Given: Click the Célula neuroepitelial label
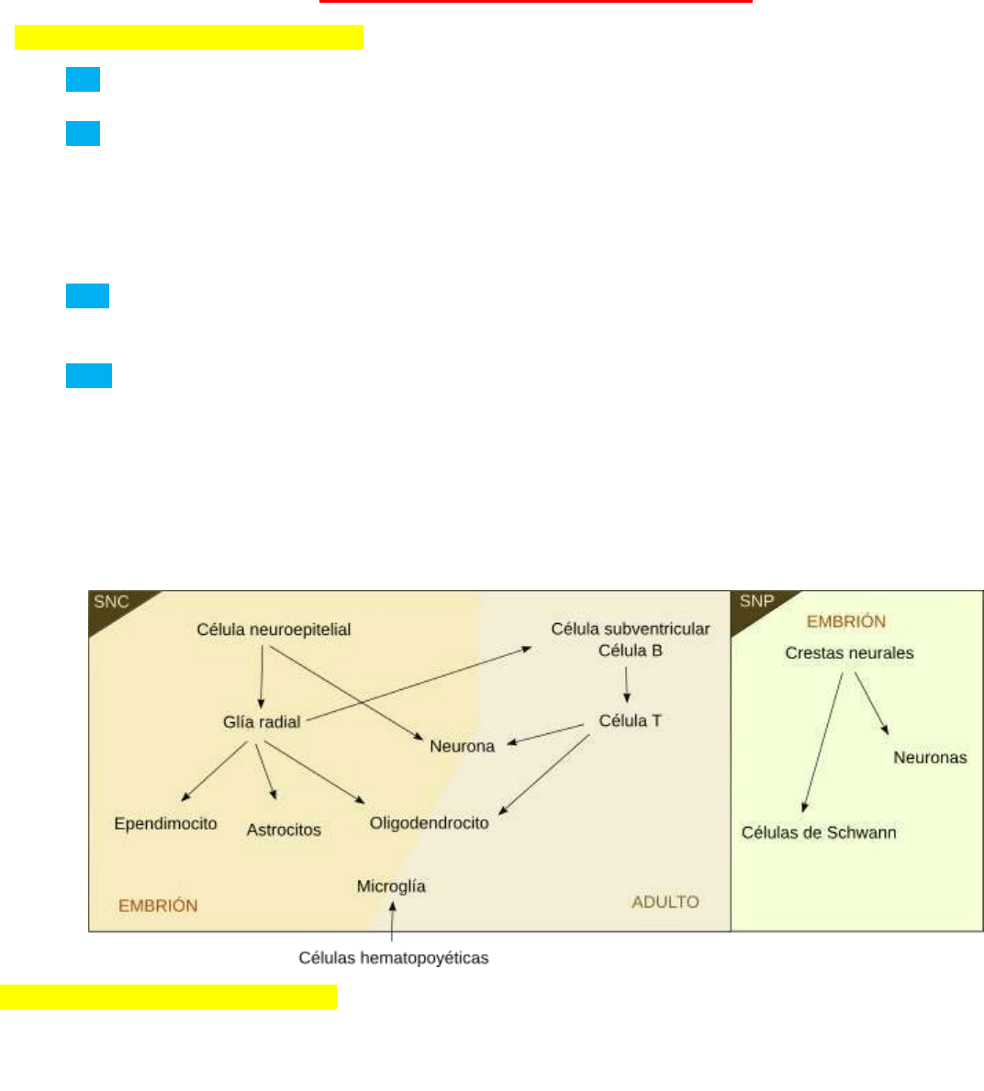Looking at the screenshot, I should click(274, 629).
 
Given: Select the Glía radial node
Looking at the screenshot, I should click(262, 722).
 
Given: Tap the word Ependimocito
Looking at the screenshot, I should click(165, 823).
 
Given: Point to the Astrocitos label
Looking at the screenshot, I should click(284, 829).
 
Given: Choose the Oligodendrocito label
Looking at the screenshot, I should click(429, 822).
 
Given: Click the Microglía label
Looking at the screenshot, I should click(391, 885).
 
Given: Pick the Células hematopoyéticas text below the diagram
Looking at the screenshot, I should click(393, 958).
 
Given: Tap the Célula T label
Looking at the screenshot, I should click(630, 720).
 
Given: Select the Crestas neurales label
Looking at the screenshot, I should click(849, 652).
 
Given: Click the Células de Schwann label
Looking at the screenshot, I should click(819, 832).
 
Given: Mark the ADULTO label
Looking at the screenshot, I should click(665, 902).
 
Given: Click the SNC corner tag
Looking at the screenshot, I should click(111, 602).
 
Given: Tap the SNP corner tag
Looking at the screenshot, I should click(756, 601).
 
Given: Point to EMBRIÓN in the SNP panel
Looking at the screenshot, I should click(845, 621).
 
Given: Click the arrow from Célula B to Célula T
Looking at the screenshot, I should click(627, 685).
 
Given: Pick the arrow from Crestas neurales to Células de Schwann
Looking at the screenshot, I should click(823, 743).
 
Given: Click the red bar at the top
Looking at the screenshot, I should click(535, 2).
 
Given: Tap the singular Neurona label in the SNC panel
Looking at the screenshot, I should click(462, 746).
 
